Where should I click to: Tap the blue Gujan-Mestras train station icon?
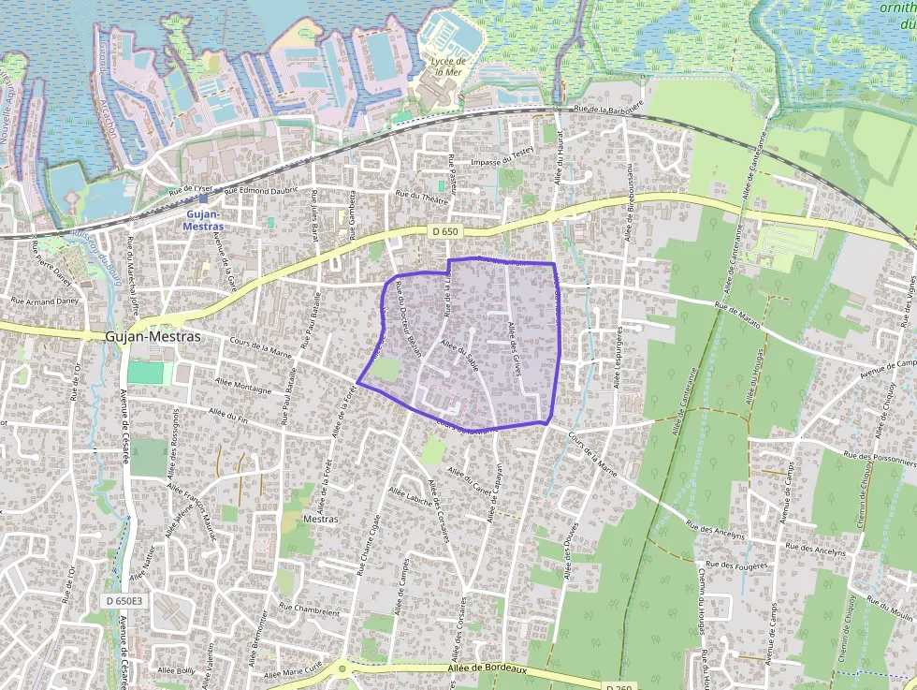pos(203,198)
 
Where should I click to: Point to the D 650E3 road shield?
pos(124,600)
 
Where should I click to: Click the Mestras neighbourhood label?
pos(320,519)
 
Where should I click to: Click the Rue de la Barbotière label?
pos(609,109)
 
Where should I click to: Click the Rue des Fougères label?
pos(736,565)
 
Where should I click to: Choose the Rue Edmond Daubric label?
pos(256,191)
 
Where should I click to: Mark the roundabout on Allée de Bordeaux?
pos(342,668)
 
